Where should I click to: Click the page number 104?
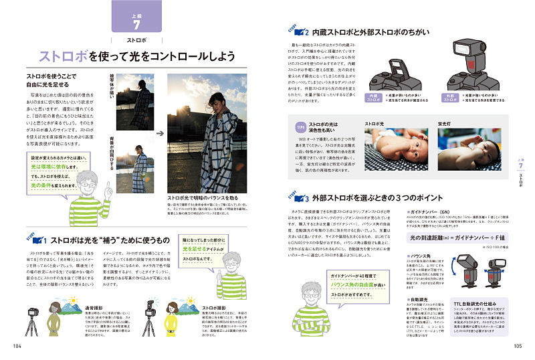pos(18,346)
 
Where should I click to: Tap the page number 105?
pos(518,346)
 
